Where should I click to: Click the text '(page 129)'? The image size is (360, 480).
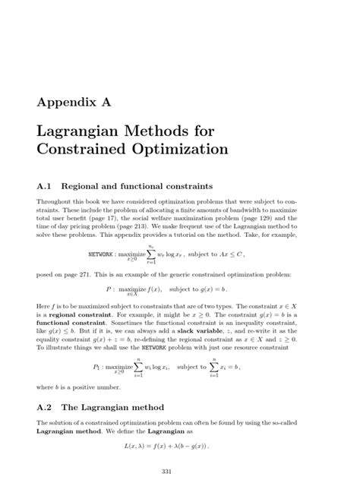278,216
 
